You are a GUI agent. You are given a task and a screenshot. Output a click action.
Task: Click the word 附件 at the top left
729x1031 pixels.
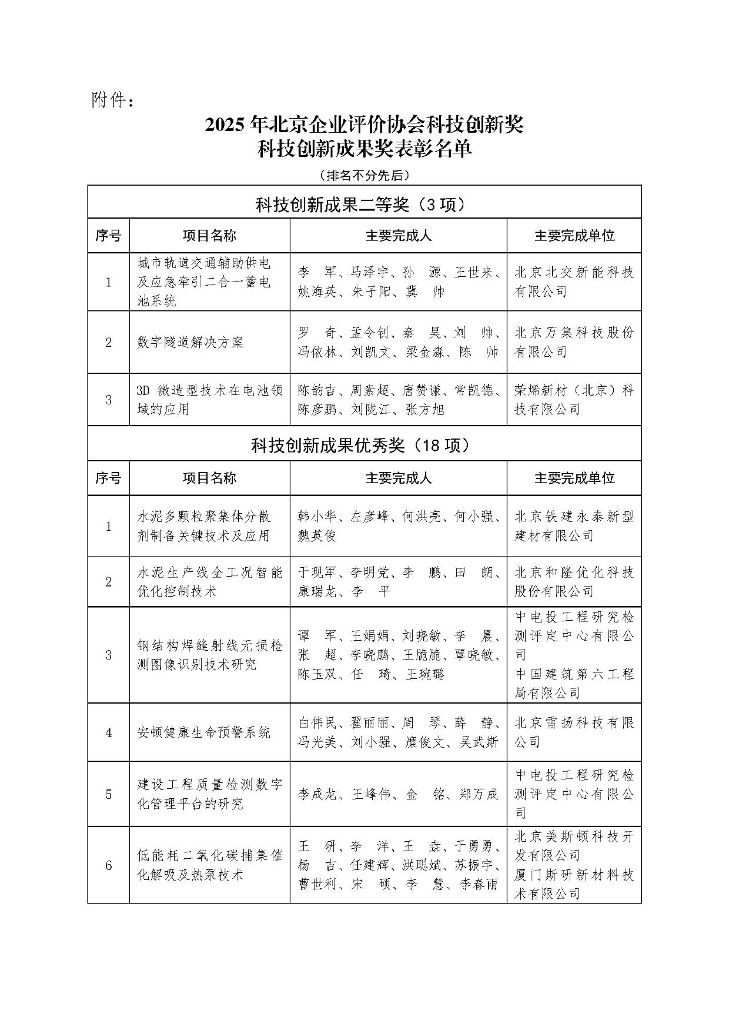[108, 101]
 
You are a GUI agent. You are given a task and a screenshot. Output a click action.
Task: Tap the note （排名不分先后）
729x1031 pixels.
[364, 175]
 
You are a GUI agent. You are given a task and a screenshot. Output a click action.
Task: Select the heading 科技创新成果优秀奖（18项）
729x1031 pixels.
[364, 446]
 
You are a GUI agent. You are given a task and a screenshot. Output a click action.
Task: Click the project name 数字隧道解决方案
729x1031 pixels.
[190, 342]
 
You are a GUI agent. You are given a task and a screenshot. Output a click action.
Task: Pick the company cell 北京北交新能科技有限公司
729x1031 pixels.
[573, 282]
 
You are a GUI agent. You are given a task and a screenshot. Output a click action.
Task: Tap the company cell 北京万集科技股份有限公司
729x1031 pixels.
[573, 342]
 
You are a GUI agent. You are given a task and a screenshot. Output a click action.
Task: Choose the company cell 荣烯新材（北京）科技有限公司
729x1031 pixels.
[573, 400]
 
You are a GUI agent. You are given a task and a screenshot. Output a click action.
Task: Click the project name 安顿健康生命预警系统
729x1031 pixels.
[203, 732]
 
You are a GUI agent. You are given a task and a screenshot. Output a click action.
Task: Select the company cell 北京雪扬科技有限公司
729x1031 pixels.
[573, 732]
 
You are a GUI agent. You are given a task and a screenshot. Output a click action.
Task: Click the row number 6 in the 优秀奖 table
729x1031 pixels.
[109, 865]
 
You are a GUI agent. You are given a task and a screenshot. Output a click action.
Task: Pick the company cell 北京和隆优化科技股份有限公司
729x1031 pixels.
[573, 581]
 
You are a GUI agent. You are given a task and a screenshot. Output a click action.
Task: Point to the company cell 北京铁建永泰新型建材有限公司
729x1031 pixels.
[573, 526]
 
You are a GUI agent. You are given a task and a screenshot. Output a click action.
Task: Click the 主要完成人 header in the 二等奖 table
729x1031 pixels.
[398, 236]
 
